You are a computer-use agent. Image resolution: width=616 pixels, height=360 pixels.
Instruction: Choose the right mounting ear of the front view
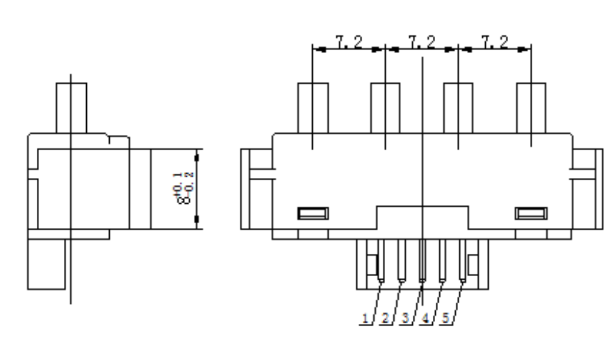(x=588, y=188)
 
